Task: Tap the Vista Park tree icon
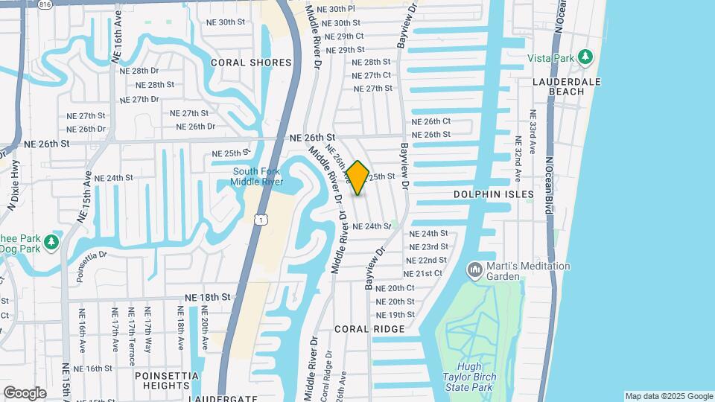coord(585,57)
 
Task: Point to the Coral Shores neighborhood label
coord(251,63)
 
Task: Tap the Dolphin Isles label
coord(494,194)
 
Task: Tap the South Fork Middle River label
coord(255,176)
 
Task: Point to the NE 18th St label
coord(208,297)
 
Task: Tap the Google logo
coord(25,393)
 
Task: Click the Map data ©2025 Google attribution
coord(669,396)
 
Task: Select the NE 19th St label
coord(395,315)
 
